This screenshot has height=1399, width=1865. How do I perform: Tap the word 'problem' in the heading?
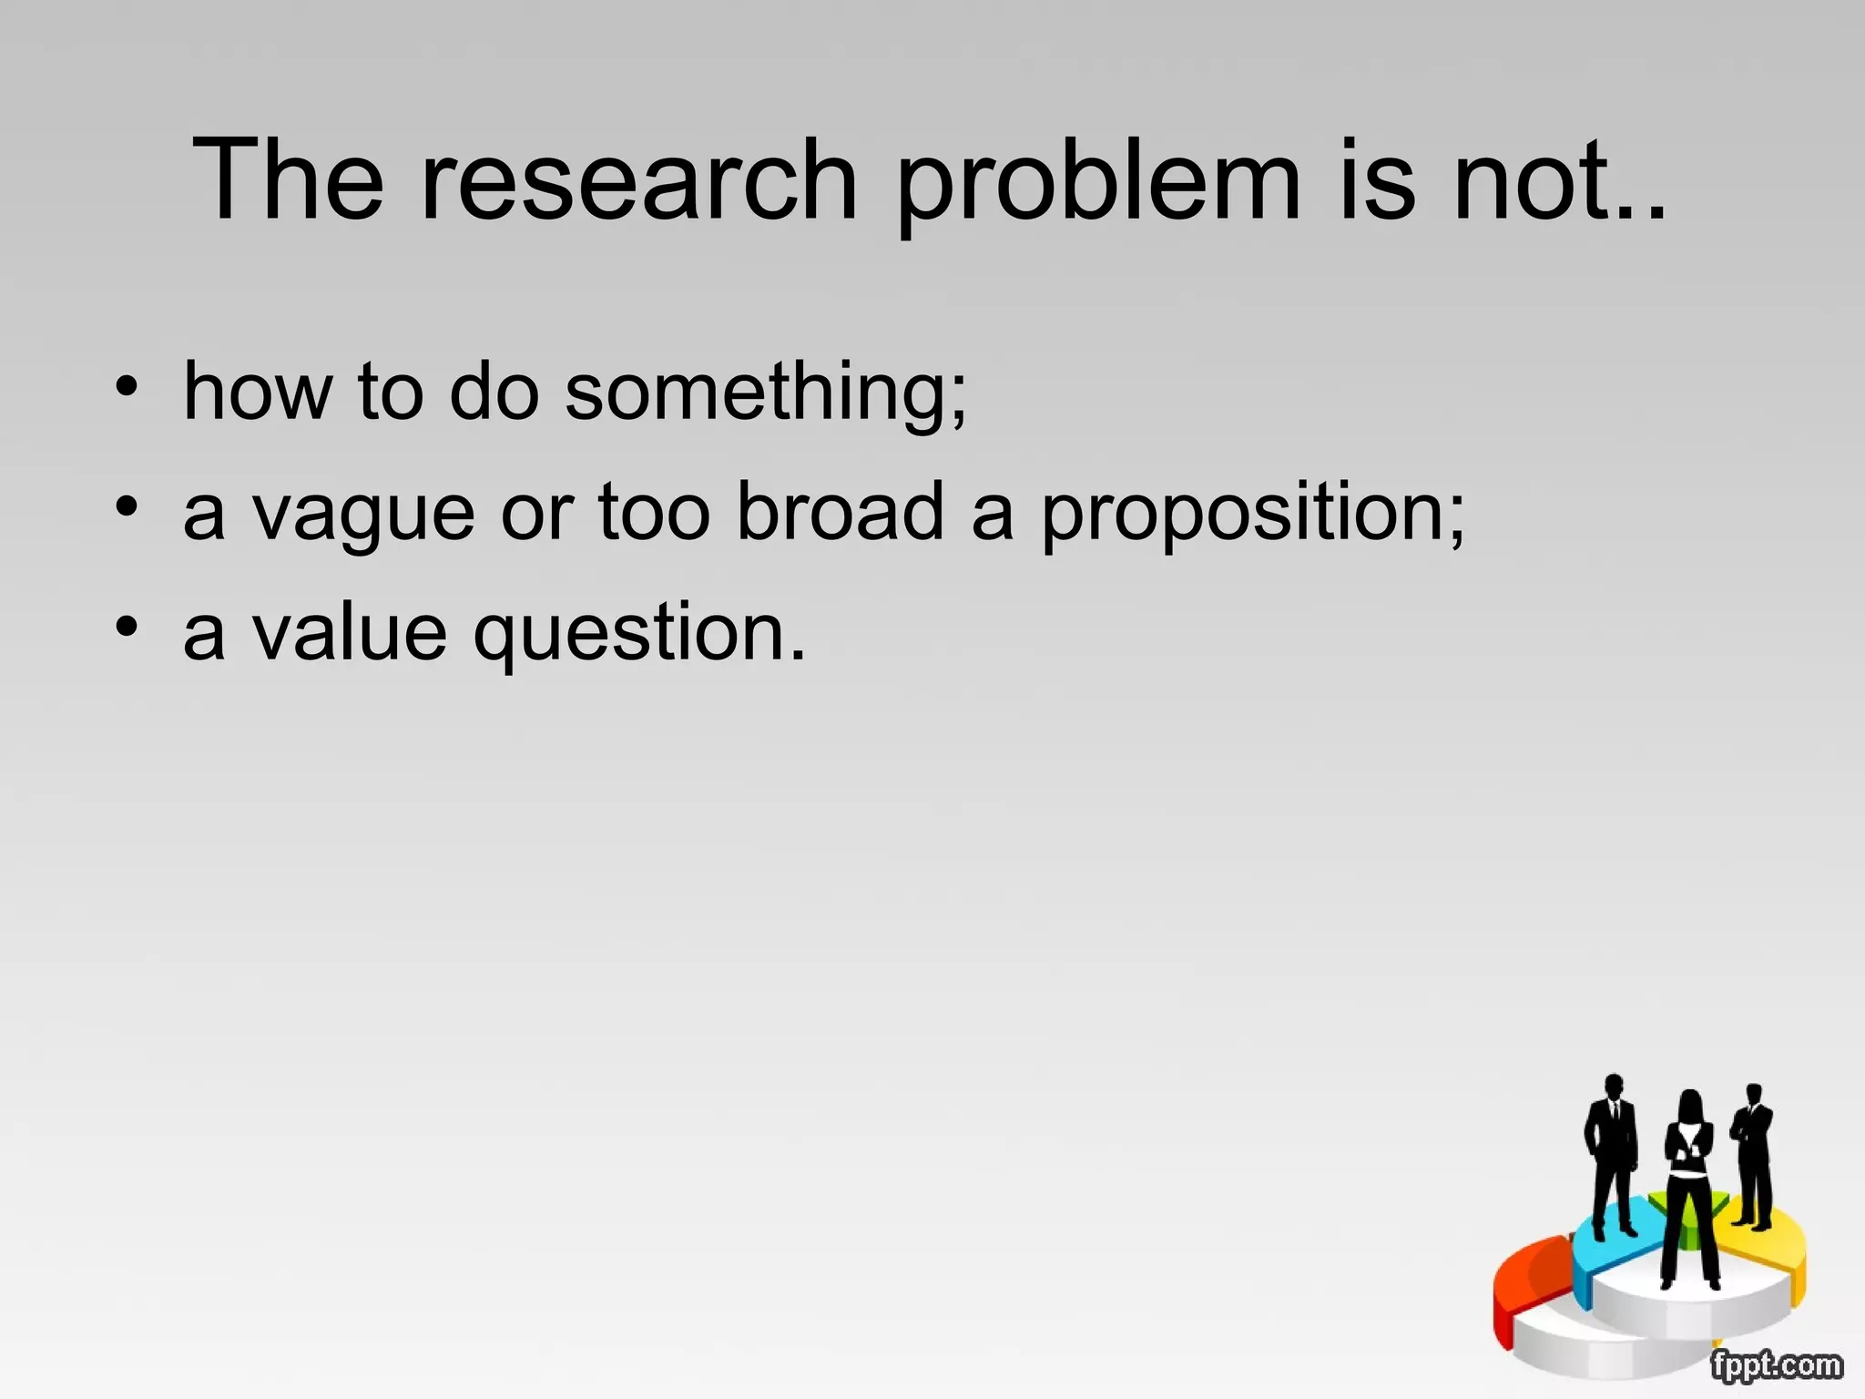pos(1098,182)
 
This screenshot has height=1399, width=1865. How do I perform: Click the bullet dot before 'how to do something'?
pos(127,386)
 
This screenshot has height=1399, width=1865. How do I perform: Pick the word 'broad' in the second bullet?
pos(840,512)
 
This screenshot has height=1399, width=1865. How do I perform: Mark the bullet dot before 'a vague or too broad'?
pos(127,505)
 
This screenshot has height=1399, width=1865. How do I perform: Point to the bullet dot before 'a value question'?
pos(127,626)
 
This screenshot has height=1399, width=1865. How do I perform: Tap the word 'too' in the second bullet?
pos(654,512)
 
